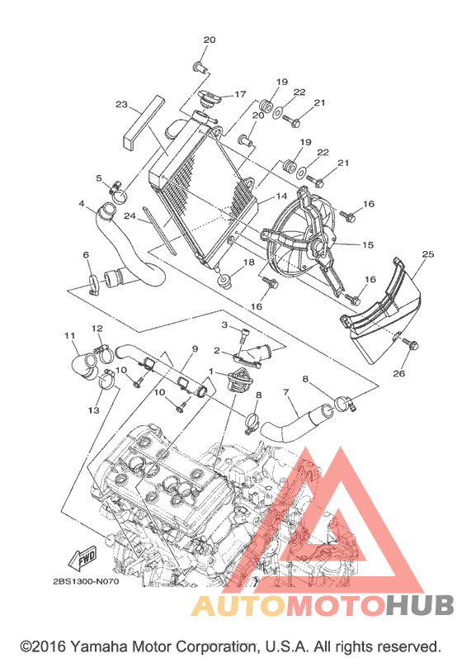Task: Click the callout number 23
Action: coord(121,104)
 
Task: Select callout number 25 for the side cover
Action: coord(428,254)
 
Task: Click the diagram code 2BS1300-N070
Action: coord(86,581)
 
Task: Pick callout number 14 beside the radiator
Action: coord(281,196)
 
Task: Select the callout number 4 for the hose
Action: coord(82,205)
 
